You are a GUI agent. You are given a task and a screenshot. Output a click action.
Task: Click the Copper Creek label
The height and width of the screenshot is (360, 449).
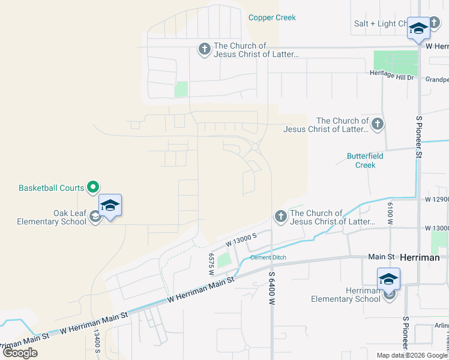272,17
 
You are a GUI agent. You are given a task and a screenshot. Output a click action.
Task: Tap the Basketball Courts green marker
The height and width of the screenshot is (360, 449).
92,188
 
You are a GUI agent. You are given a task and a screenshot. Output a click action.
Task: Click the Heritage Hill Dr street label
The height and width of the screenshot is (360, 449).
392,77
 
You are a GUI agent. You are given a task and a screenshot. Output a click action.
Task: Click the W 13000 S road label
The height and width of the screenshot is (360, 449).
241,240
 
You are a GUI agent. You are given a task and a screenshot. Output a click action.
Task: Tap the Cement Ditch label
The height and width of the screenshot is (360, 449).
268,257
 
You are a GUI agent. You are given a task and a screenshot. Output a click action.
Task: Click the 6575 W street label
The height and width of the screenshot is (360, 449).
211,264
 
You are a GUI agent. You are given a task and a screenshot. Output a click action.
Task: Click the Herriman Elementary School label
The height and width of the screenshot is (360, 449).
346,295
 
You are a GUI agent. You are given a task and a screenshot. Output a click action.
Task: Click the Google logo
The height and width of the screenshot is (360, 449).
20,352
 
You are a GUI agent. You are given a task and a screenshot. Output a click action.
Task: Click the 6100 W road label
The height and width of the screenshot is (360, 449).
390,214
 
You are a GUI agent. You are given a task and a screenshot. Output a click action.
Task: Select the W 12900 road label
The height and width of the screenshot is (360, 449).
436,198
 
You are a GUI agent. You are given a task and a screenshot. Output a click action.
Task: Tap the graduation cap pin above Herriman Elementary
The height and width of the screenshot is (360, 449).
388,278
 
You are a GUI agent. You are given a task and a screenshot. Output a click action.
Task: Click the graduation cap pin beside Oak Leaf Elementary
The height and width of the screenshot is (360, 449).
110,206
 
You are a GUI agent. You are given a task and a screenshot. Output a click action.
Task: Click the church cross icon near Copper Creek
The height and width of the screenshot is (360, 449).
204,49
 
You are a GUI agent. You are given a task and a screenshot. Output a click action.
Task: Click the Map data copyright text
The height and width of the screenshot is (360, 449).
412,355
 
